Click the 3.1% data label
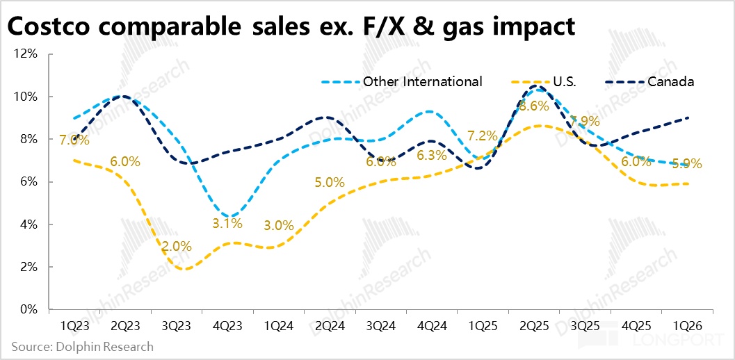tap(227, 224)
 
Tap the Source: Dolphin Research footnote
tap(82, 346)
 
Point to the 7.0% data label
tap(74, 140)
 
